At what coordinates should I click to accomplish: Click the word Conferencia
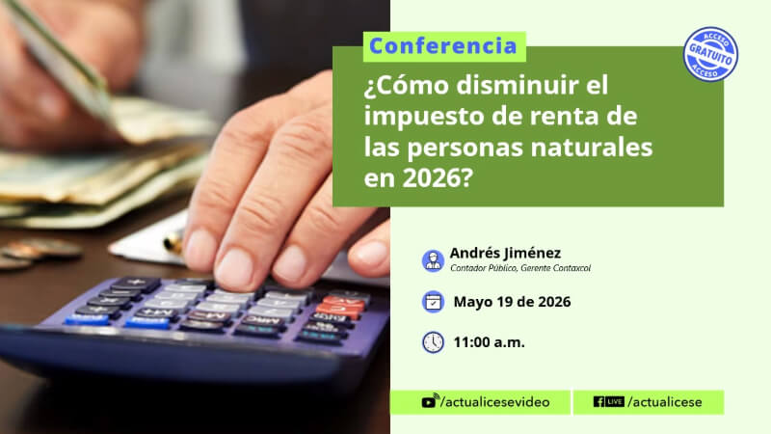(443, 46)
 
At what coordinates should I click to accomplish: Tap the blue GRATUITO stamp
(710, 54)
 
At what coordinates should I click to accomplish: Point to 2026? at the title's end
(438, 178)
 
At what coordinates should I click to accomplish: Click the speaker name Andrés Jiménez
(505, 253)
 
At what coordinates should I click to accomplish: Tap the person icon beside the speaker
(433, 260)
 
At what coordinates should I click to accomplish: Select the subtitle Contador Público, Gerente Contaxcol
(520, 268)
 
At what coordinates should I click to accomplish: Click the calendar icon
(433, 302)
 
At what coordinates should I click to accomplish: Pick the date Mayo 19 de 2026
(512, 302)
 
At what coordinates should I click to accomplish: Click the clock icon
(433, 342)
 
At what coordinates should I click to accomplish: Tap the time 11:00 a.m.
(489, 342)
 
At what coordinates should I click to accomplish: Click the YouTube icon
(429, 401)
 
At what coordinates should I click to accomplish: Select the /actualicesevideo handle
(495, 402)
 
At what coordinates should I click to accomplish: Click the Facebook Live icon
(609, 402)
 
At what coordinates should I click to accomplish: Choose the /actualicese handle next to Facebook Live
(665, 402)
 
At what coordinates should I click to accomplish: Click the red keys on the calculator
(342, 305)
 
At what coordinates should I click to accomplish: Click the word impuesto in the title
(420, 117)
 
